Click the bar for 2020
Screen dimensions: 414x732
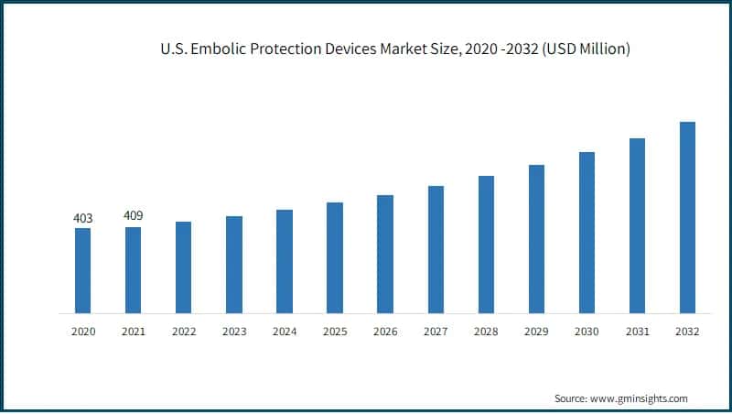pos(82,270)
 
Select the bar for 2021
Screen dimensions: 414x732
pos(133,270)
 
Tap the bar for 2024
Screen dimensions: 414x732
pos(285,261)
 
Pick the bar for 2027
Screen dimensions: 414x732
pos(436,249)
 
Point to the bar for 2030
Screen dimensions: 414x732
pos(587,233)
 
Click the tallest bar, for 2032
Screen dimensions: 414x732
pos(687,217)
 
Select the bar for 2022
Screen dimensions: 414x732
pos(183,267)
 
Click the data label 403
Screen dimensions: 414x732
pos(82,219)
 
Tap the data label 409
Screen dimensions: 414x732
pos(133,216)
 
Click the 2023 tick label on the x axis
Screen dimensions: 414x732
pos(234,332)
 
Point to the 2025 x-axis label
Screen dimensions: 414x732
pos(335,332)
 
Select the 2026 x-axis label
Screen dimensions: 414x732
pos(385,332)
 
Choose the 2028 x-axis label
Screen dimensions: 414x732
pos(486,332)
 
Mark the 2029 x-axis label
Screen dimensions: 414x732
pos(536,332)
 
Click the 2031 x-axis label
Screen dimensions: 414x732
pos(637,332)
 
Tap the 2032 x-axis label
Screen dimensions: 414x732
pos(687,332)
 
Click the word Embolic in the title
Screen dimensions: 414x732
pos(219,49)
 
